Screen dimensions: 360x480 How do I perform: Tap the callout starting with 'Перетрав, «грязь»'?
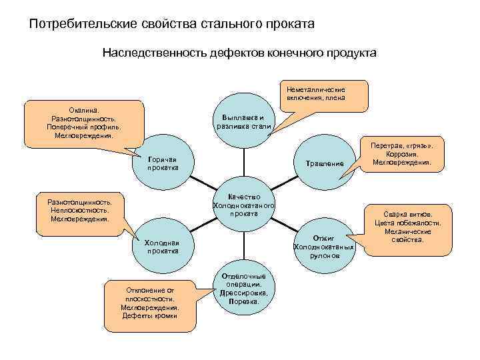[402, 154]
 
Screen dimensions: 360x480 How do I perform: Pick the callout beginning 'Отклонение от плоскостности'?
[150, 303]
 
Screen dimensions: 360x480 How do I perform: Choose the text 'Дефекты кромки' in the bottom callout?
[150, 316]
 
